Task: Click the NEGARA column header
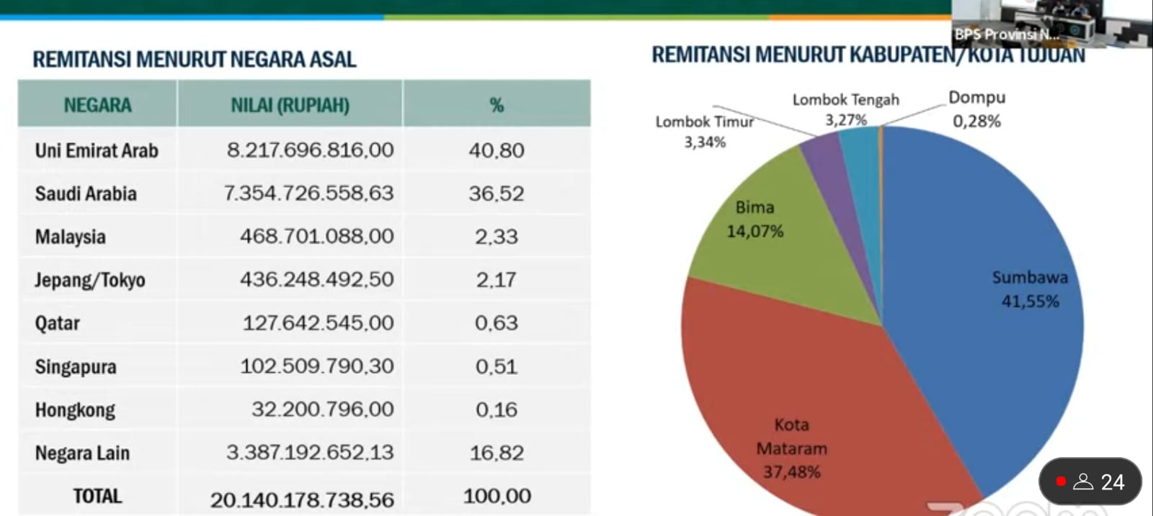(97, 105)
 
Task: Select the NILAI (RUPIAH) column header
(290, 105)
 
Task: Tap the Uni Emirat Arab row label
(97, 150)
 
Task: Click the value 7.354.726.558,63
(308, 193)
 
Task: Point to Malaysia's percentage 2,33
(496, 237)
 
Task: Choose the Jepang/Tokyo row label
(90, 280)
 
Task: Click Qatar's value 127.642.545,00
(318, 322)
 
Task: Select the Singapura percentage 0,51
(496, 366)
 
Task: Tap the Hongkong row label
(75, 409)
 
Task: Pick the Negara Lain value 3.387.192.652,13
(310, 452)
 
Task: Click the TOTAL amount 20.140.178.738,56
(302, 499)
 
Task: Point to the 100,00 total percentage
(497, 496)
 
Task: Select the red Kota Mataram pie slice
(793, 381)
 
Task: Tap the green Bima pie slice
(778, 245)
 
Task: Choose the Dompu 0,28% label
(976, 109)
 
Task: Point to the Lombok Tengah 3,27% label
(846, 109)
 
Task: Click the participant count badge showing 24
(1090, 481)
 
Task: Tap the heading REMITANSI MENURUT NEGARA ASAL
(195, 59)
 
